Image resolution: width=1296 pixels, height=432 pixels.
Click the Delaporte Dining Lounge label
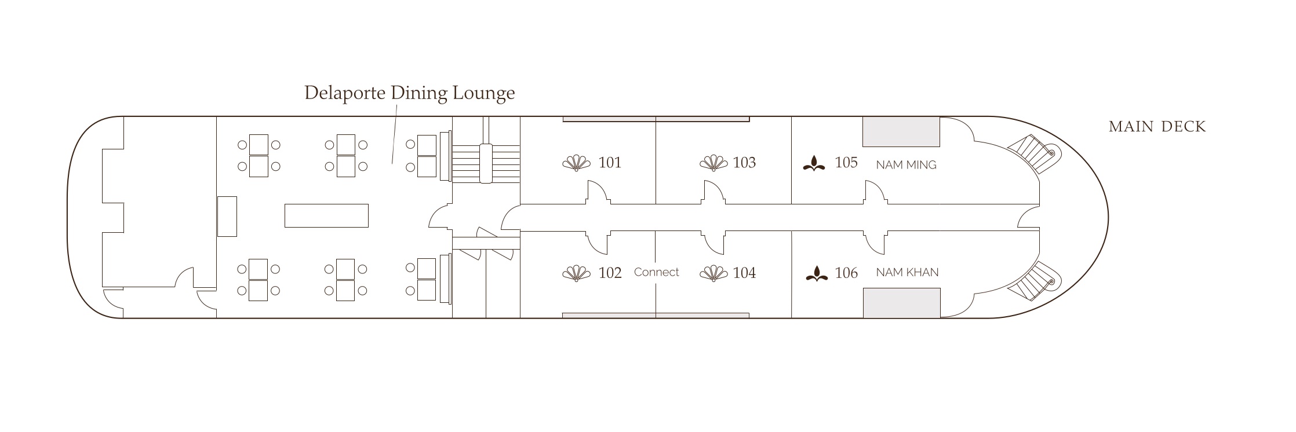point(409,93)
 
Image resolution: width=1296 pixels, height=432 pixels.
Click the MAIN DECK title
point(1157,127)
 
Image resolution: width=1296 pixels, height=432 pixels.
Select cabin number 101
point(610,163)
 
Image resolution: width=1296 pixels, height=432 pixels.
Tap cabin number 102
point(610,273)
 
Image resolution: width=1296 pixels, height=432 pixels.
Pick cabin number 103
point(744,163)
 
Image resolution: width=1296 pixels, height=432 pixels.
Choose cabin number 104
point(744,273)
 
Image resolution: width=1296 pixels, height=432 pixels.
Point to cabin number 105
point(846,163)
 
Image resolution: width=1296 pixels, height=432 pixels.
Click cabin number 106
point(846,273)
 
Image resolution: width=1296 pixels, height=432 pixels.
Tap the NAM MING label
point(906,165)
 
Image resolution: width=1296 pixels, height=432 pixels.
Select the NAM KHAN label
point(907,272)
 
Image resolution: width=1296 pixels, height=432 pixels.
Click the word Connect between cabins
point(656,272)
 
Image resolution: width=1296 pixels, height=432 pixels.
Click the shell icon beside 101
point(576,163)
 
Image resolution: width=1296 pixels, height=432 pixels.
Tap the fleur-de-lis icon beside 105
point(814,164)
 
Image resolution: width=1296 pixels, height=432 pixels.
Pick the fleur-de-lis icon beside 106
point(817,273)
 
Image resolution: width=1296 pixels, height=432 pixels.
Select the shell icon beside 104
point(713,273)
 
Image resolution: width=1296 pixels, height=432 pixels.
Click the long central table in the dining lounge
point(326,215)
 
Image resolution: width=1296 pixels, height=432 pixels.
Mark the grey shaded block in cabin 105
point(901,131)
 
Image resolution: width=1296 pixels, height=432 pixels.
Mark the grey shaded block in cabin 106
point(901,303)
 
